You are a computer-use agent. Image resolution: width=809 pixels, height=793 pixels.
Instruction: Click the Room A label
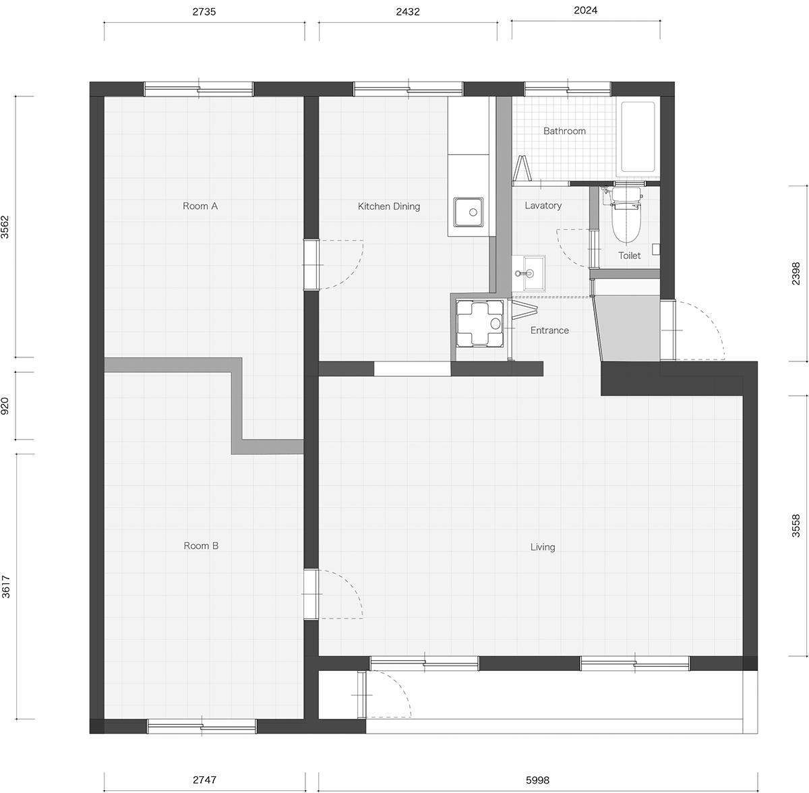pos(200,206)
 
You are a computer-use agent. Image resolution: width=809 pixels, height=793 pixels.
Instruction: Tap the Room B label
pos(201,546)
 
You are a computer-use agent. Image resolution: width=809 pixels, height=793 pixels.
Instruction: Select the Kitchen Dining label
pos(389,206)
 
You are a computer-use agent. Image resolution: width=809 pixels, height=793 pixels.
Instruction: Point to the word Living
pos(543,547)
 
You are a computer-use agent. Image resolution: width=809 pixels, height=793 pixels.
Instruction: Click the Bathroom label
pos(564,131)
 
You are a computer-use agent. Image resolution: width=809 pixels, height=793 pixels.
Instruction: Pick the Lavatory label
pos(543,206)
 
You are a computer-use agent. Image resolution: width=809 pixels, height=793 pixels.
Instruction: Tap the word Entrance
pos(549,330)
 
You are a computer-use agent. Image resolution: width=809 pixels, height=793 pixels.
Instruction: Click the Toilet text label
pos(629,256)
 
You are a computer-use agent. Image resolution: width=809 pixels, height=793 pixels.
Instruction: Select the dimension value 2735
pos(204,11)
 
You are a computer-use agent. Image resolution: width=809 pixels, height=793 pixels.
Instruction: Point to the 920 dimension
pos(5,406)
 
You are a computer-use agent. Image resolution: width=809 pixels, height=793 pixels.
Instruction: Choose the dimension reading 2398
pos(796,273)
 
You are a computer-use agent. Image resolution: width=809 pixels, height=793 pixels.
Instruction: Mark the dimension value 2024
pos(585,10)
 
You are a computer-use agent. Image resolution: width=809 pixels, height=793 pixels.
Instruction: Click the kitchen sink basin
pos(468,212)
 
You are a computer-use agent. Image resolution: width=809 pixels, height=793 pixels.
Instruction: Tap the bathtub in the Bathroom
pos(638,137)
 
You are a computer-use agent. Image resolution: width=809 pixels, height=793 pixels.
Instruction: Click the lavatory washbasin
pos(529,273)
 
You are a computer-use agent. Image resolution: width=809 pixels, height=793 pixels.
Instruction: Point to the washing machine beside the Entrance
pos(479,324)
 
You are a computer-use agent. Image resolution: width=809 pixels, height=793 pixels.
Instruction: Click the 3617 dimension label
pos(5,587)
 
